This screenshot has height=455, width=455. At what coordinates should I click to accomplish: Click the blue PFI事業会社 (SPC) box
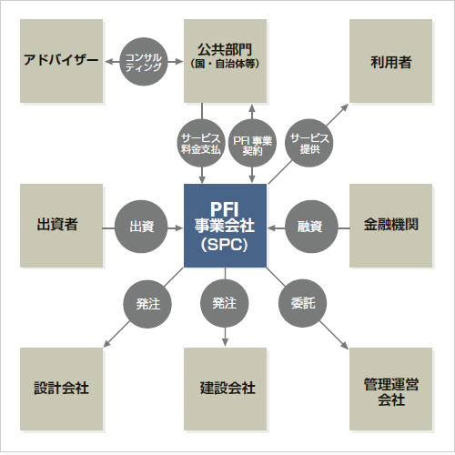coord(225,225)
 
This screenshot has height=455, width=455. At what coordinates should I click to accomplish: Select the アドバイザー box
coord(61,61)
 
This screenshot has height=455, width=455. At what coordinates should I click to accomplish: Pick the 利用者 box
coord(390,61)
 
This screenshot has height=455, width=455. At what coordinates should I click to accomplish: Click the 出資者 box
coord(61,225)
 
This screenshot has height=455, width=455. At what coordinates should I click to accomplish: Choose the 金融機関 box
coord(390,225)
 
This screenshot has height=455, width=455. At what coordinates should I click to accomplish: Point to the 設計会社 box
coord(61,388)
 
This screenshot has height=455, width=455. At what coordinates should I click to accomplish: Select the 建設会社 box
coord(225,388)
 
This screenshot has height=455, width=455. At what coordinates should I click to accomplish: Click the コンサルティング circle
coord(143,61)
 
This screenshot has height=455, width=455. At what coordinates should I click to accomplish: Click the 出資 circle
coord(141,225)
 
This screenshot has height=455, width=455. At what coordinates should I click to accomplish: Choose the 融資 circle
coord(309,225)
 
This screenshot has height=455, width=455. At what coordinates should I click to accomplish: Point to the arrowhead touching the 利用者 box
coord(346,105)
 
